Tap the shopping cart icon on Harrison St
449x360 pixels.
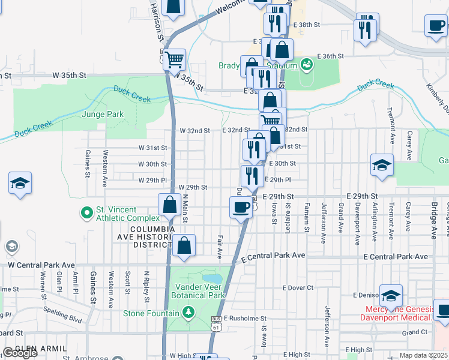point(174,60)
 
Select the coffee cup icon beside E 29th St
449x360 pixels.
point(241,207)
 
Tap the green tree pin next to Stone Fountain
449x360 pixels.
point(188,313)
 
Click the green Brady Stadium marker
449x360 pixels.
point(307,63)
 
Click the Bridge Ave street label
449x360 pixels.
point(433,221)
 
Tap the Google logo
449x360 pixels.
point(20,353)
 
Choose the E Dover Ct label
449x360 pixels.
point(298,287)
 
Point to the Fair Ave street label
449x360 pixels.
point(220,247)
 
